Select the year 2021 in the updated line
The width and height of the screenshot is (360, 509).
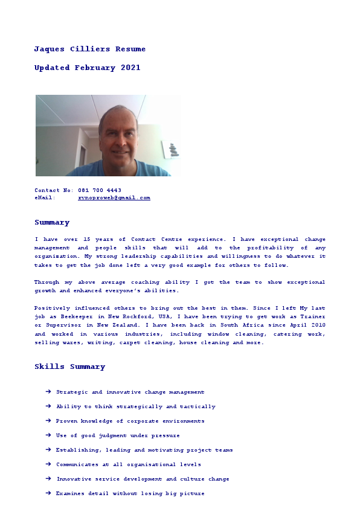click(x=130, y=68)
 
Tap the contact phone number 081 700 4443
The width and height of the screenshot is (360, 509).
click(x=100, y=190)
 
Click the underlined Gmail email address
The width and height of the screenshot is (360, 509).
click(x=114, y=197)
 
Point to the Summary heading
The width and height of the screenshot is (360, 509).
click(x=52, y=222)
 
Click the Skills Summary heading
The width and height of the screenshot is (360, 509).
click(x=69, y=367)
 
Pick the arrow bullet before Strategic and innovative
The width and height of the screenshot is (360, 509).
click(x=48, y=392)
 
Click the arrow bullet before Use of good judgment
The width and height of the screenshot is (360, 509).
click(x=48, y=435)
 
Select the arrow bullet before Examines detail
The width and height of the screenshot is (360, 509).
click(x=48, y=493)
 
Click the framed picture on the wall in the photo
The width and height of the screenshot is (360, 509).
click(x=171, y=149)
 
